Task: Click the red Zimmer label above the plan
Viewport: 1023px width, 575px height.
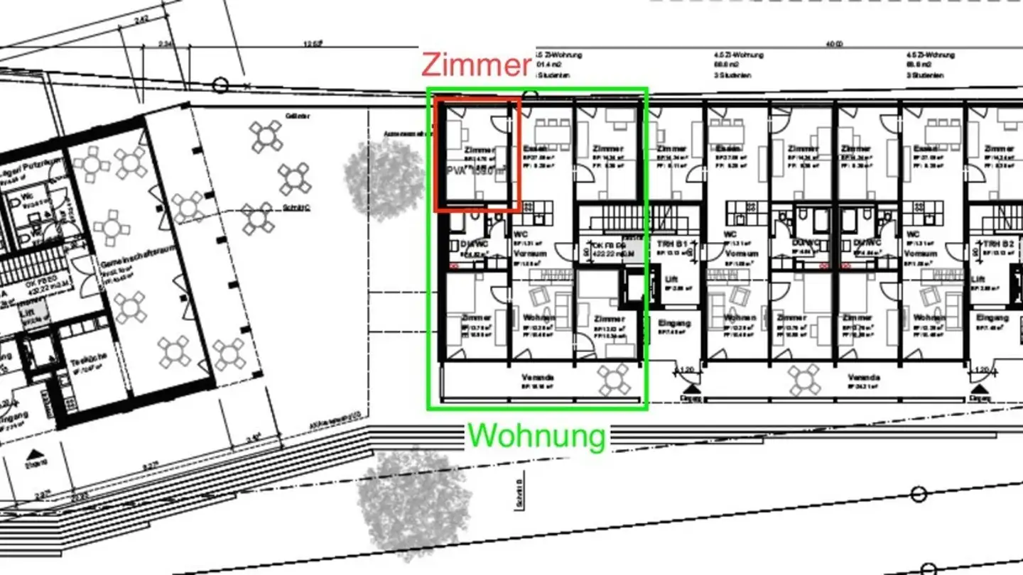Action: click(x=476, y=65)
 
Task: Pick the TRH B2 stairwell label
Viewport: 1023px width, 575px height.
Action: click(x=998, y=243)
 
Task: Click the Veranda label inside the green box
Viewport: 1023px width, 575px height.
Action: click(x=537, y=378)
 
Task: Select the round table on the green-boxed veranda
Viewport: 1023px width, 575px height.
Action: click(x=613, y=379)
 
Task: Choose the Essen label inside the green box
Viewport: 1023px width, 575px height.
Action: click(x=535, y=148)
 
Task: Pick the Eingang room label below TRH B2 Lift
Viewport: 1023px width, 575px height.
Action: click(x=992, y=317)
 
